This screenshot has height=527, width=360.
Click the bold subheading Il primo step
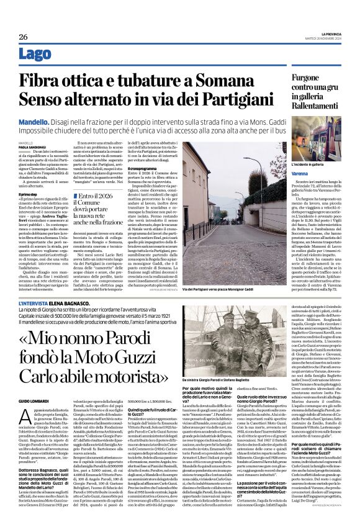coord(30,195)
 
